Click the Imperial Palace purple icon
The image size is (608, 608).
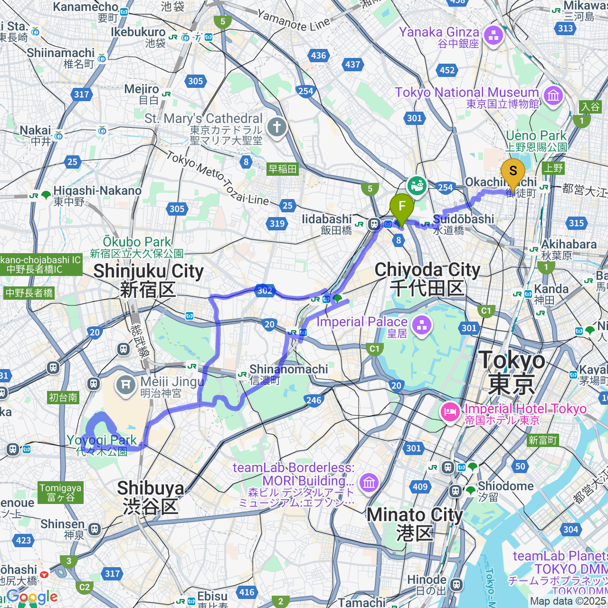click(422, 326)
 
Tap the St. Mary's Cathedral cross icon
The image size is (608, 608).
click(277, 127)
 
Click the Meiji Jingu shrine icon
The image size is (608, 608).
click(126, 384)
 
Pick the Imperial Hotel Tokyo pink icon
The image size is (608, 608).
click(450, 411)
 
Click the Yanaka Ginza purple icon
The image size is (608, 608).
click(494, 35)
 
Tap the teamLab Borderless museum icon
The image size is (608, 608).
click(369, 483)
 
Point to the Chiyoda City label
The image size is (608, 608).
click(427, 278)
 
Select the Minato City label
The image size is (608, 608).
click(414, 523)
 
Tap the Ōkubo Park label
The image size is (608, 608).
click(137, 247)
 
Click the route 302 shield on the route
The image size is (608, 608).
click(264, 291)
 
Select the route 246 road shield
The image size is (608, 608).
click(314, 400)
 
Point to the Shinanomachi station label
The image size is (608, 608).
click(288, 374)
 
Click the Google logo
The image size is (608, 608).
click(32, 597)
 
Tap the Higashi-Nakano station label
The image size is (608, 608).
click(97, 195)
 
